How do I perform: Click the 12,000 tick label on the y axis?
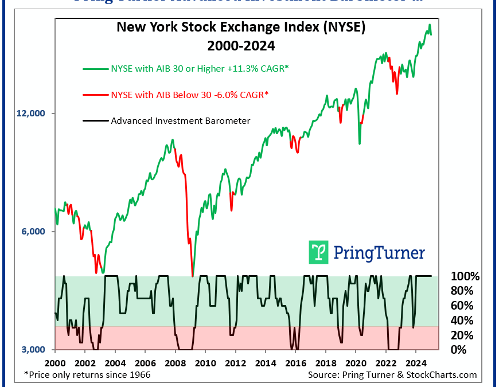(32, 114)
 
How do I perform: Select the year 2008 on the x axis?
(175, 363)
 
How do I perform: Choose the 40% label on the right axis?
(463, 320)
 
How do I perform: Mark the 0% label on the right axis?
(459, 350)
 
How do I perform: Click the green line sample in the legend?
(95, 69)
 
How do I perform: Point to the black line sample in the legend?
(95, 121)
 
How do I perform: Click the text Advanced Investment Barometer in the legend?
(180, 121)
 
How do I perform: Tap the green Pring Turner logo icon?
(319, 252)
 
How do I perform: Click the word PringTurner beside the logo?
(379, 253)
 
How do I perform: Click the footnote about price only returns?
(87, 375)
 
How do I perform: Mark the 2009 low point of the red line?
(193, 276)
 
